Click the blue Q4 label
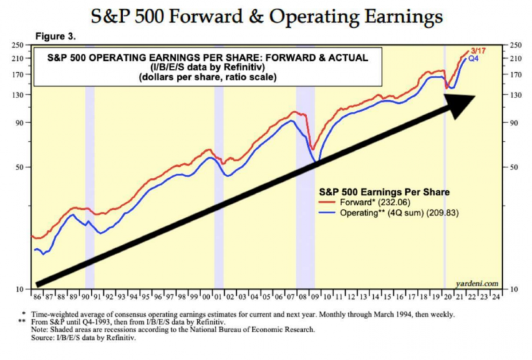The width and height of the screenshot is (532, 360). coord(473,59)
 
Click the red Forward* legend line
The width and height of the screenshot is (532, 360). coord(329,203)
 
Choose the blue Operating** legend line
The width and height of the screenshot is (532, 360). coord(329,213)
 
